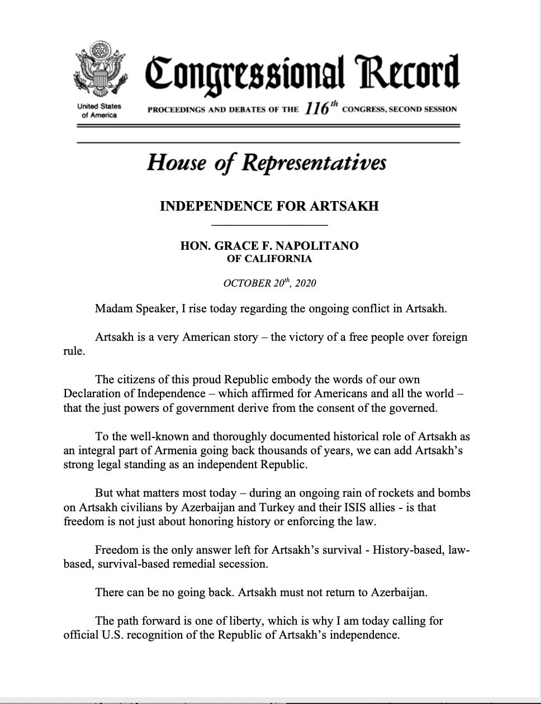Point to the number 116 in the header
316,108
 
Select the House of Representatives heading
266,163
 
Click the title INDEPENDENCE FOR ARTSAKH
269,206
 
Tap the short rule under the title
269,225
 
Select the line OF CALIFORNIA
269,259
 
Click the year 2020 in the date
305,283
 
